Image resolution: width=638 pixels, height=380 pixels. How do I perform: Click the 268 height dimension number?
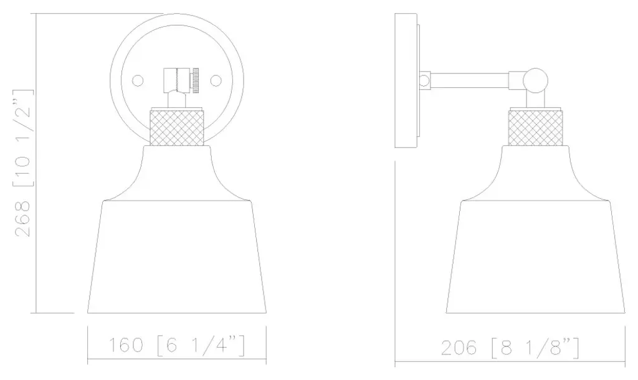(23, 219)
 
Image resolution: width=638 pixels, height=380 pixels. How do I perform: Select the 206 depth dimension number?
(459, 348)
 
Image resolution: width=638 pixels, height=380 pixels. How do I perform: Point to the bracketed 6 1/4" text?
(201, 345)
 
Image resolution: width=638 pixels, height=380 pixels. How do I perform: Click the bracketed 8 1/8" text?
(535, 348)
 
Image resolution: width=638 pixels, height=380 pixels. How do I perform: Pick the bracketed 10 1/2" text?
(23, 138)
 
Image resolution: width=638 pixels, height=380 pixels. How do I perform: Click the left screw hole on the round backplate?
(138, 80)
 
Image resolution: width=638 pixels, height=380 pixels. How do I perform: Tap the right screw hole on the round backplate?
(216, 80)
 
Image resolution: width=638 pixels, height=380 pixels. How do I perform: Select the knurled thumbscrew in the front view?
(196, 81)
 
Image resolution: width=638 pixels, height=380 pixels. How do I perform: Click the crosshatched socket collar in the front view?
(177, 128)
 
